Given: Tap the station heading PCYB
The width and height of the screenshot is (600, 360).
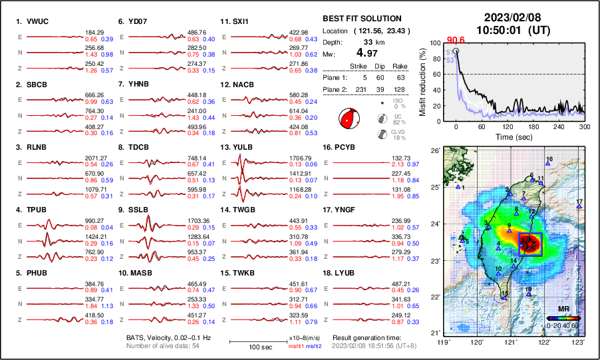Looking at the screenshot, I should [x=350, y=147].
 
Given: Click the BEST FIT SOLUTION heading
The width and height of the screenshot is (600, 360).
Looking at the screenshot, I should [x=361, y=19].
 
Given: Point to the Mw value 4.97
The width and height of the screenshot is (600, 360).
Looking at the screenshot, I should [x=369, y=53].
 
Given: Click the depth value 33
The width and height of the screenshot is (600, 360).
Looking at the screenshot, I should [x=367, y=42].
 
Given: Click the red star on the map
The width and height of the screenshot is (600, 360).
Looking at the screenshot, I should [x=530, y=245].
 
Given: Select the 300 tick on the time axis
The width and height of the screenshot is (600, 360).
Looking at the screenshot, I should [x=584, y=126].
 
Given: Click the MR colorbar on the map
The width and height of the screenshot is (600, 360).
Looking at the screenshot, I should [x=563, y=318].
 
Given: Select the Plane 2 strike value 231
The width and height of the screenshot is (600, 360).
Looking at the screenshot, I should [x=358, y=89].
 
